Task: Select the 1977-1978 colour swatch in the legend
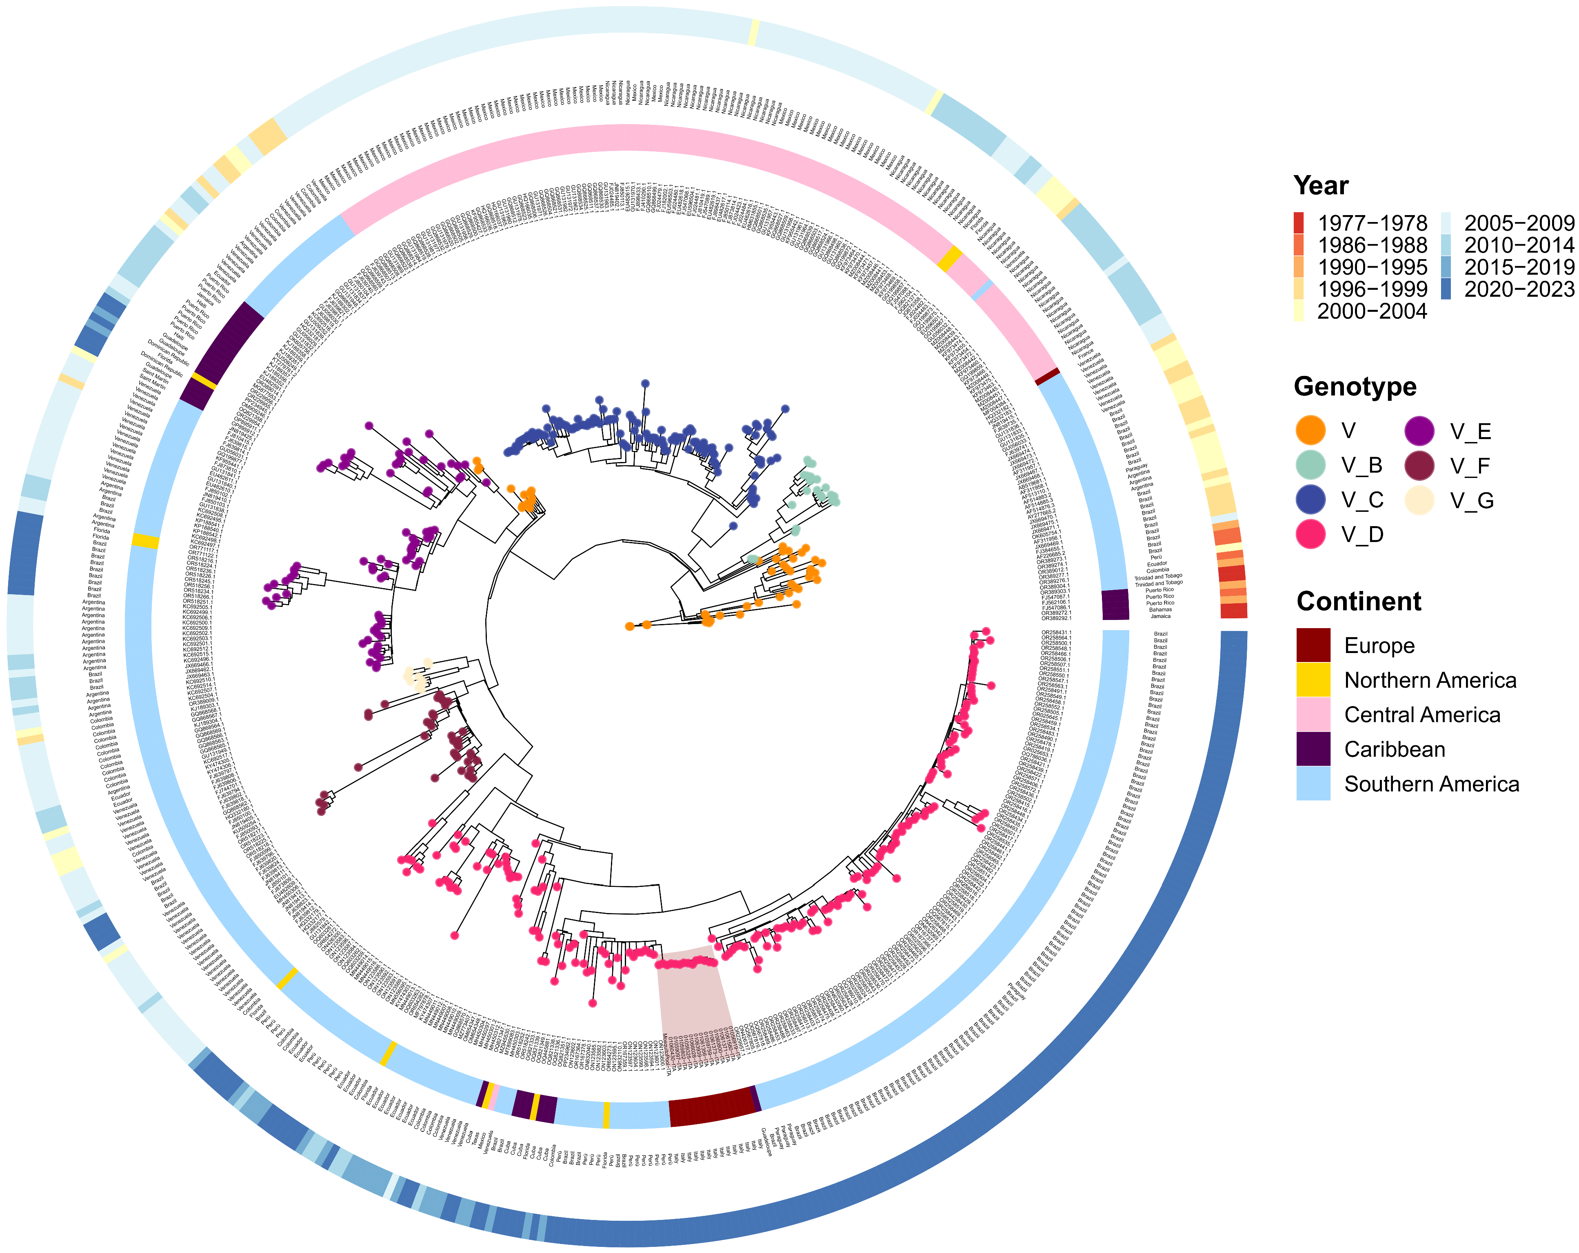1299,222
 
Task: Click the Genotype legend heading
1355,386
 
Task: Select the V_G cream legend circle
1419,500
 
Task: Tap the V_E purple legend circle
1419,431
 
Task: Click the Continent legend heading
1359,601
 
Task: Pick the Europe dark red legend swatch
1313,644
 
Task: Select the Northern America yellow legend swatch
1313,680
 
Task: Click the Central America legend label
1422,715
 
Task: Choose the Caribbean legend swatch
1313,749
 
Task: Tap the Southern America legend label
1432,784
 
